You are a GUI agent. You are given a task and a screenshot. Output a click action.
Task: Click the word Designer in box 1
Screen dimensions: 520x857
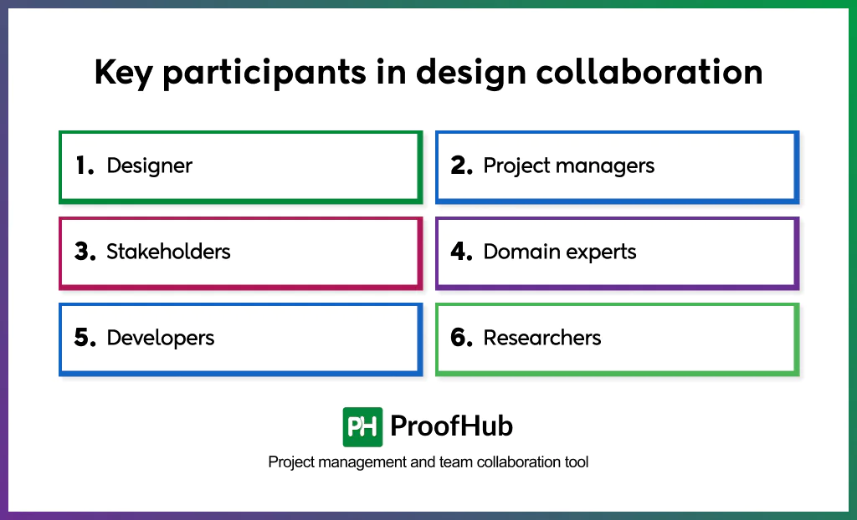[x=149, y=166]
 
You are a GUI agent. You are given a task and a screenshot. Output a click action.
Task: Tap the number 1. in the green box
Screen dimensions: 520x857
[x=85, y=166]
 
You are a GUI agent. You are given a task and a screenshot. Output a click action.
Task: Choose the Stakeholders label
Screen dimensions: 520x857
[x=168, y=252]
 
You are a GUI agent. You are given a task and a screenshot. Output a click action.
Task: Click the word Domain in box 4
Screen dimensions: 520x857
[x=519, y=252]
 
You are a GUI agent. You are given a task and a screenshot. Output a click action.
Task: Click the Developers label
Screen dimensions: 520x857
[x=161, y=338]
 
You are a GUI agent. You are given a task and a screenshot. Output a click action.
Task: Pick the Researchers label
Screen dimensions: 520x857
[x=542, y=338]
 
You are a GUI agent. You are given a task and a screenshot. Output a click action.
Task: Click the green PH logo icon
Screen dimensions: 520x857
[x=362, y=427]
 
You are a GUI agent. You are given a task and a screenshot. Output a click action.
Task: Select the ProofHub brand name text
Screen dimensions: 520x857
[x=451, y=427]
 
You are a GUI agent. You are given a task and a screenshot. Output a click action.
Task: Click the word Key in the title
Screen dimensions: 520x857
[x=124, y=74]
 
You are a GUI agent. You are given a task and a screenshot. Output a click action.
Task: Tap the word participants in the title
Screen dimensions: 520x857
[x=264, y=74]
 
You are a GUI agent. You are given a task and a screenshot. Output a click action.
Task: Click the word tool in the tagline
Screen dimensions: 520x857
[x=576, y=462]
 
